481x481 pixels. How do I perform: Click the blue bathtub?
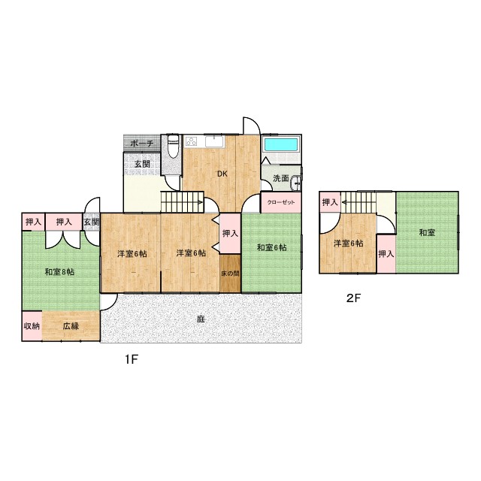[281, 144]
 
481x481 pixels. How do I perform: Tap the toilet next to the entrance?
[174, 147]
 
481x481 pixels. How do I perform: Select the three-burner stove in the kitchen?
[192, 141]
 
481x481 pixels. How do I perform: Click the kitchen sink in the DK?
[214, 142]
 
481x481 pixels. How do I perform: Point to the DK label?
[222, 174]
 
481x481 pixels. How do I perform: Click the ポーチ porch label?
[142, 144]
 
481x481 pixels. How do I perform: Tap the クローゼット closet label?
[280, 202]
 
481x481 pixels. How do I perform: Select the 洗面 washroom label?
[281, 178]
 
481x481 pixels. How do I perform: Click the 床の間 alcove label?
[230, 274]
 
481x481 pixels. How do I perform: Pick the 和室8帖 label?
[60, 272]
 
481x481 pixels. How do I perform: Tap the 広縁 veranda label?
[71, 325]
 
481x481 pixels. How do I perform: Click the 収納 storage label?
[32, 325]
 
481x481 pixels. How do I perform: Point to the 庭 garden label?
[201, 319]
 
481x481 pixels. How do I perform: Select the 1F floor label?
[132, 359]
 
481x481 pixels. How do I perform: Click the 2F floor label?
[353, 298]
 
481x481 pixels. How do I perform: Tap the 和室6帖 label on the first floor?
[272, 247]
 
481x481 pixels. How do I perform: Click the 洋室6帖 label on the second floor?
[349, 244]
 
